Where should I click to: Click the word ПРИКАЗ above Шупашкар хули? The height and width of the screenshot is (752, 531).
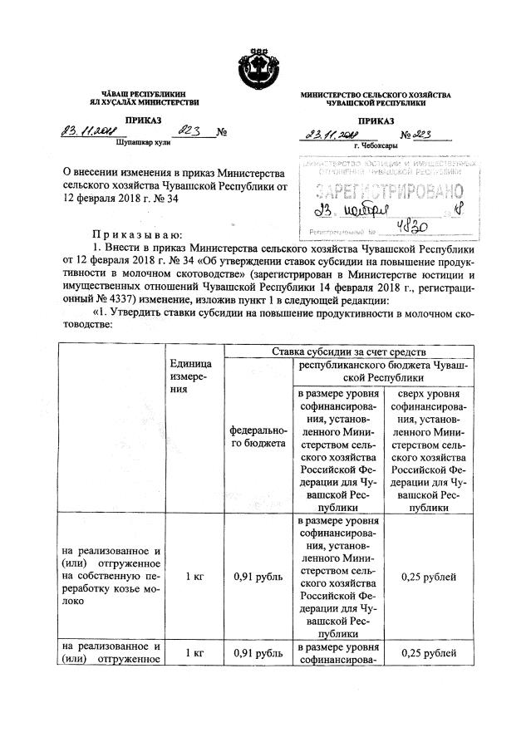coord(144,120)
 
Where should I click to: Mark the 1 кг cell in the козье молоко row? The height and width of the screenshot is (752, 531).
coord(190,575)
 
